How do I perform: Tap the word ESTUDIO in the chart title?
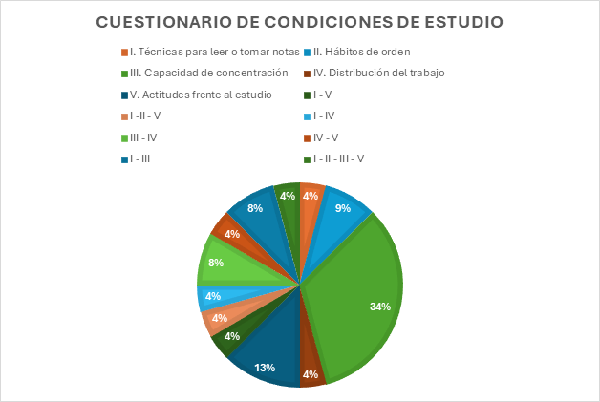462,21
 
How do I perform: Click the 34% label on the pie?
380,307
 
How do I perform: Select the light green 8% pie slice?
225,263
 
